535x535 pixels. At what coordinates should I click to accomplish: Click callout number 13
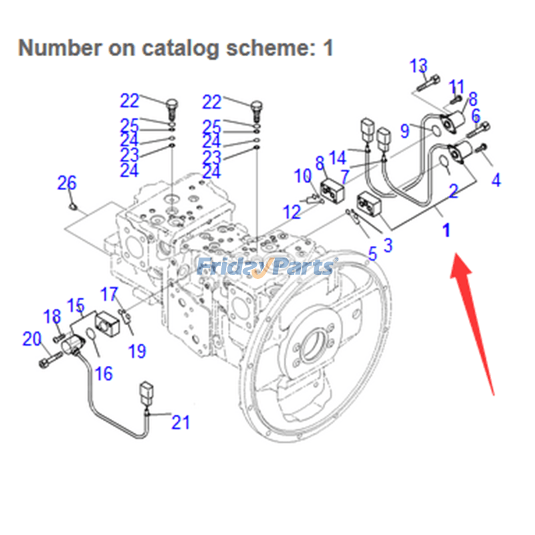pos(419,66)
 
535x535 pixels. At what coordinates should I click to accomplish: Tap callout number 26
pos(67,183)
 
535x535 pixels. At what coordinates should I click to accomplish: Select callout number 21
pos(181,422)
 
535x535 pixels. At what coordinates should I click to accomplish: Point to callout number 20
pos(32,340)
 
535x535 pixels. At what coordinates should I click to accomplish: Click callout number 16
pos(104,373)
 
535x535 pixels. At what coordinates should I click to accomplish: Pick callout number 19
pos(137,350)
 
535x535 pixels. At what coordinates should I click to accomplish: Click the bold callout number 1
pos(446,231)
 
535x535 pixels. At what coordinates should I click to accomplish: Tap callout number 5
pos(372,253)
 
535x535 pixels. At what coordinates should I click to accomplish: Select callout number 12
pos(292,212)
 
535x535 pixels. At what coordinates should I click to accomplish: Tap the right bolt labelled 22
pos(255,107)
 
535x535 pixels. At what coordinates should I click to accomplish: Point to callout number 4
pos(495,180)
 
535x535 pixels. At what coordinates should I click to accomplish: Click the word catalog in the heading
pos(177,48)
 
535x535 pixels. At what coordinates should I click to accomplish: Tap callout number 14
pos(338,158)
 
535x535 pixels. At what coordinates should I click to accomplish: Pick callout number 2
pos(453,193)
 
